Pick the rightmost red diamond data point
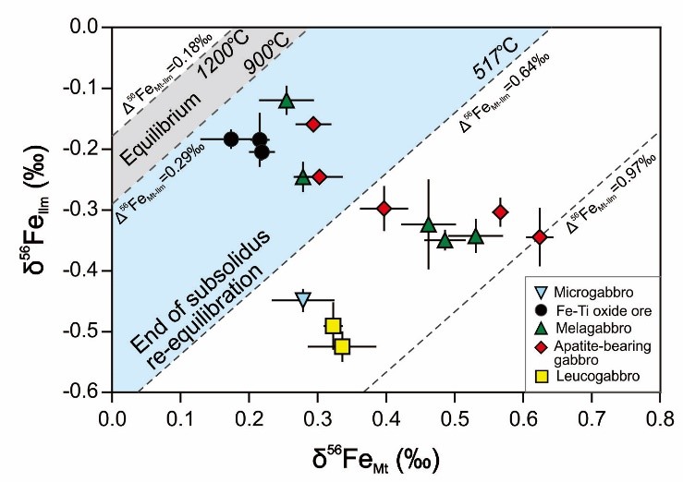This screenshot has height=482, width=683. click(x=540, y=237)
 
